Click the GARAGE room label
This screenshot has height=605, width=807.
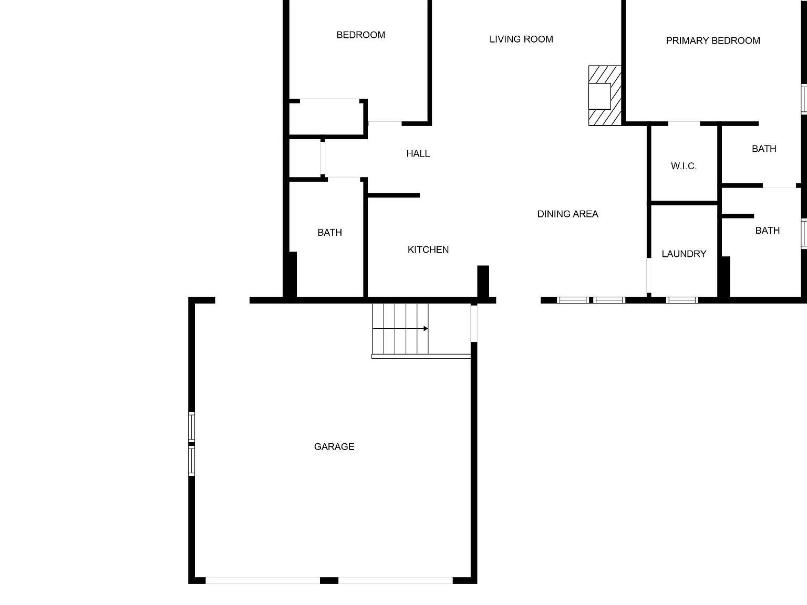[x=334, y=446]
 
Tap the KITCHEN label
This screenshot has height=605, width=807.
[x=428, y=249]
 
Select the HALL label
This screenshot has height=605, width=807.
[x=418, y=153]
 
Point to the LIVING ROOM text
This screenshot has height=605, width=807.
[x=521, y=39]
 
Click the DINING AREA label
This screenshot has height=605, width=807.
[x=567, y=214]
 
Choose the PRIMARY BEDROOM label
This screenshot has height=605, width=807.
[x=713, y=40]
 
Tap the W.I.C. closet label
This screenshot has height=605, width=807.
[x=684, y=166]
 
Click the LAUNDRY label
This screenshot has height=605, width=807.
[x=684, y=254]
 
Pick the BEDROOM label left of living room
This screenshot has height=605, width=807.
[x=361, y=35]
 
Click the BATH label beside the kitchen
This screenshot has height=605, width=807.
[x=330, y=232]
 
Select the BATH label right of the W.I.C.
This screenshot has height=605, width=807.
[x=764, y=149]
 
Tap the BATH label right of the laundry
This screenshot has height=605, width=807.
[x=767, y=230]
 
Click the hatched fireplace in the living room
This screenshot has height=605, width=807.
[x=604, y=96]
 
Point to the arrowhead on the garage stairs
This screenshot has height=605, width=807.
[x=425, y=329]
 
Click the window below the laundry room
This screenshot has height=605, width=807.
[x=682, y=300]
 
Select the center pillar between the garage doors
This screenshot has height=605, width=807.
[x=329, y=580]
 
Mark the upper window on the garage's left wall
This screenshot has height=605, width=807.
[x=192, y=427]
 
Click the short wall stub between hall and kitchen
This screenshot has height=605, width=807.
[x=394, y=195]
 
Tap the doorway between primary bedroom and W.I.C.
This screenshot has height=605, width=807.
[x=684, y=123]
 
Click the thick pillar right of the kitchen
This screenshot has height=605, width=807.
[x=483, y=281]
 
